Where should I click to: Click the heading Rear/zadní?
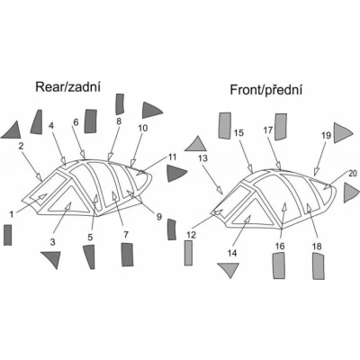67,86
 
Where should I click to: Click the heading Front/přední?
265,90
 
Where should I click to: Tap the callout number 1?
12,214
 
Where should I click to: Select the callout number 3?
52,242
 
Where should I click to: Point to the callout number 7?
126,234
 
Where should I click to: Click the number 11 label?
173,157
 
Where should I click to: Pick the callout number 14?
232,253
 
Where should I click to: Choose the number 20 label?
353,173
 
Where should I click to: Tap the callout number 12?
190,235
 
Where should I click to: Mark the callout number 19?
326,135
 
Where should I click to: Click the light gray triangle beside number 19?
341,133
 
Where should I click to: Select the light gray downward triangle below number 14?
229,269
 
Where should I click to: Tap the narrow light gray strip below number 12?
188,253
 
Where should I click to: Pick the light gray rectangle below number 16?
278,265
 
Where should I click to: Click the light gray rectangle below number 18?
319,266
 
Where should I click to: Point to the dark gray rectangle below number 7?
127,255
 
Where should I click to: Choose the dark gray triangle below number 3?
52,258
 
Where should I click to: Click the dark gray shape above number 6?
91,121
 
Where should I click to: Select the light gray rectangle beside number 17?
281,127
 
